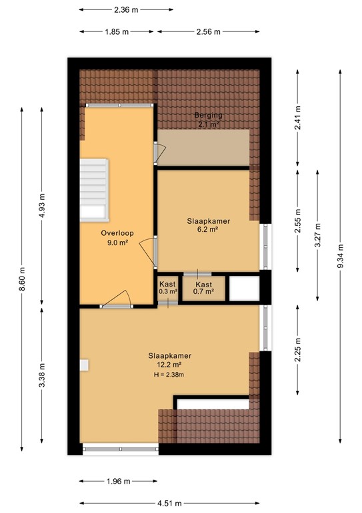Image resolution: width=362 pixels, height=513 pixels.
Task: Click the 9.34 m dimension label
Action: [340, 256]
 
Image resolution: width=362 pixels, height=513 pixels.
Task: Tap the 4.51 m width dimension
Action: [169, 503]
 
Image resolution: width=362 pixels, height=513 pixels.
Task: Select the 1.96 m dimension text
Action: [118, 481]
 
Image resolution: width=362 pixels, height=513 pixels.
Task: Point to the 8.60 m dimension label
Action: [22, 279]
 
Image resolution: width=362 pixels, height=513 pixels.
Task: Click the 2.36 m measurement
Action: [126, 10]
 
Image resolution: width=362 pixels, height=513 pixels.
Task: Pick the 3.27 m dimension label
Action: [317, 235]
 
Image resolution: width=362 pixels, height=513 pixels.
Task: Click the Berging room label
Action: [208, 115]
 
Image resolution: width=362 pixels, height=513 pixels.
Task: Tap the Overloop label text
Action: [117, 233]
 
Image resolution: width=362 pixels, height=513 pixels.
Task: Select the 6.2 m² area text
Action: [207, 229]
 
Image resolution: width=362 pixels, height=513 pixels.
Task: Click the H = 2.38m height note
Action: [169, 375]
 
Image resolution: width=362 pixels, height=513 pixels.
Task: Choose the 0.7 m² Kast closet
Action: [204, 289]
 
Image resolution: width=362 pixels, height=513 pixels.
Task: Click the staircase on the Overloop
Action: [95, 190]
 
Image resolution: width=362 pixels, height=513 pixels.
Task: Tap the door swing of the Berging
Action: [160, 153]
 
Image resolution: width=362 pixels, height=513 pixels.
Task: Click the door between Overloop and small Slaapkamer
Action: [149, 251]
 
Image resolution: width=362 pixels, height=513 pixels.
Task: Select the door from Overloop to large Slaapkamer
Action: [116, 299]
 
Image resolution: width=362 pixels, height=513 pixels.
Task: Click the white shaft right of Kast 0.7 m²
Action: [245, 289]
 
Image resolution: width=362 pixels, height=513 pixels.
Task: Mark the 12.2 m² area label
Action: [169, 365]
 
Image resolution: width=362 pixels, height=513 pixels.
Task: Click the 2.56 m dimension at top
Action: [208, 32]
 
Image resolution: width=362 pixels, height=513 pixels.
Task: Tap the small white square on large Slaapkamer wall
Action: [84, 365]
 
